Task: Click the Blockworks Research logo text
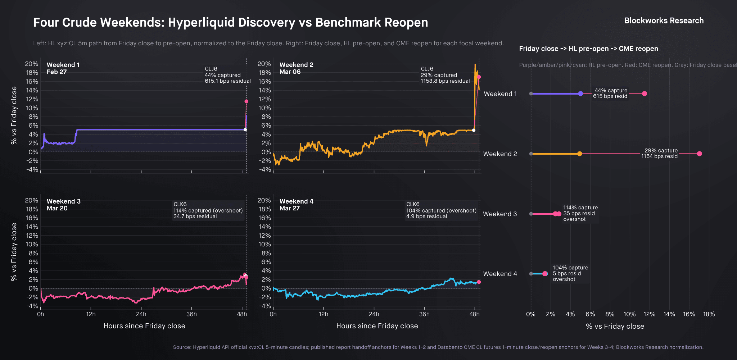pyautogui.click(x=664, y=21)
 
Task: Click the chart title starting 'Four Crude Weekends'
pyautogui.click(x=231, y=22)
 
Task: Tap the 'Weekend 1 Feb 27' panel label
pyautogui.click(x=63, y=68)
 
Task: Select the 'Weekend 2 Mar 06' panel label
pyautogui.click(x=296, y=68)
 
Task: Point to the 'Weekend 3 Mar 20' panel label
pyautogui.click(x=63, y=205)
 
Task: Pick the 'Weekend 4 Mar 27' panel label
pyautogui.click(x=296, y=205)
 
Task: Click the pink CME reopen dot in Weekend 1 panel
pyautogui.click(x=246, y=101)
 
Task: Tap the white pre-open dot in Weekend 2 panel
pyautogui.click(x=474, y=130)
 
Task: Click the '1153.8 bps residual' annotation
pyautogui.click(x=445, y=81)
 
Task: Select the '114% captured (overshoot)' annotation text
pyautogui.click(x=208, y=210)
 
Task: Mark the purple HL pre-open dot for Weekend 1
pyautogui.click(x=580, y=94)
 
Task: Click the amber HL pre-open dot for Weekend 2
pyautogui.click(x=579, y=154)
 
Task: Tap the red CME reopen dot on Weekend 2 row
pyautogui.click(x=699, y=154)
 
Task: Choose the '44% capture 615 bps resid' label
pyautogui.click(x=610, y=94)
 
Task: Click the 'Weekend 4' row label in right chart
pyautogui.click(x=500, y=274)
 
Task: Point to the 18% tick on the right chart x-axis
pyautogui.click(x=709, y=314)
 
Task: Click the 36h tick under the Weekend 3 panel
pyautogui.click(x=191, y=314)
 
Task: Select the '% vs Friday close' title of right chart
pyautogui.click(x=615, y=326)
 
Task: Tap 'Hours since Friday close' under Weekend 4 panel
pyautogui.click(x=377, y=326)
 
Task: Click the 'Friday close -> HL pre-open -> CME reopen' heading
pyautogui.click(x=588, y=49)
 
